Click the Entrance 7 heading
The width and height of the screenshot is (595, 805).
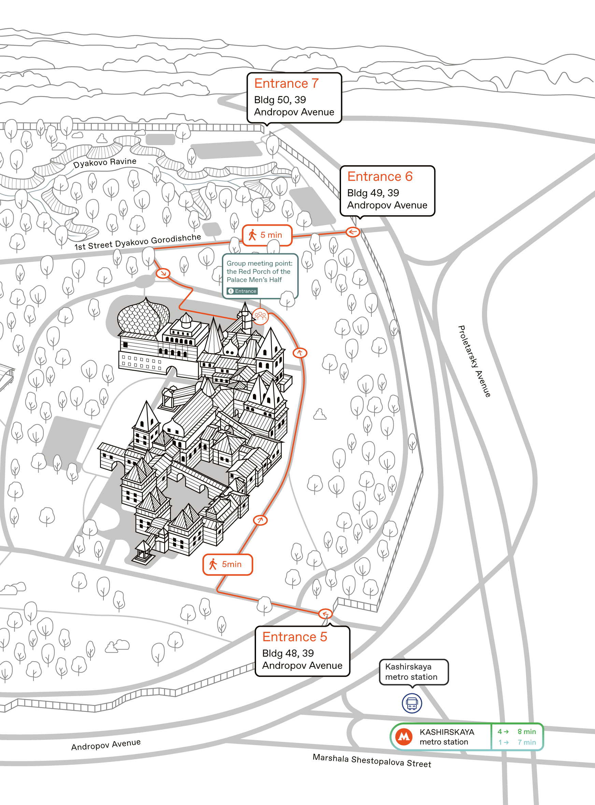click(286, 83)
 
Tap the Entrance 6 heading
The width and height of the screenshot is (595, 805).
click(380, 176)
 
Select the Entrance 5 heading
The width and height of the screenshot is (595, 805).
click(295, 637)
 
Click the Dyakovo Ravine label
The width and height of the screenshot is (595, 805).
click(105, 163)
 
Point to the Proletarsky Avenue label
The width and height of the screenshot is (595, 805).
click(474, 361)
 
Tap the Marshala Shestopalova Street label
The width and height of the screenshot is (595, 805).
click(372, 761)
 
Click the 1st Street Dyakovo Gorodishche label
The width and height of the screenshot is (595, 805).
click(138, 242)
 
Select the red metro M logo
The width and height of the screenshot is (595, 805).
click(404, 737)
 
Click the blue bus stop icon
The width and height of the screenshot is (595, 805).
click(412, 703)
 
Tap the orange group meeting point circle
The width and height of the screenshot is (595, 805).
click(260, 316)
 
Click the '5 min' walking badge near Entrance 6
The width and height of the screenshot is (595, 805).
click(267, 235)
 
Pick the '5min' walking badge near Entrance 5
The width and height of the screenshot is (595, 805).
click(228, 564)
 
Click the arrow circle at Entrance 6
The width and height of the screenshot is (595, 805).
click(353, 232)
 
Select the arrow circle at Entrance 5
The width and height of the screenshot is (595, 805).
click(325, 613)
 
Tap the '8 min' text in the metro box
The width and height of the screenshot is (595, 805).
click(527, 732)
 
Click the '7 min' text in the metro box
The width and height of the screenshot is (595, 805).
click(527, 742)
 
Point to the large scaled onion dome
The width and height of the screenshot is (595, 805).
click(143, 317)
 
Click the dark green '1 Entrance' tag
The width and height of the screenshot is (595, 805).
click(242, 291)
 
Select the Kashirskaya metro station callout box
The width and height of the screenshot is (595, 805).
click(414, 672)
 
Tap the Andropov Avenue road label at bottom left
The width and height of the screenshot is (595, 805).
click(106, 745)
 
